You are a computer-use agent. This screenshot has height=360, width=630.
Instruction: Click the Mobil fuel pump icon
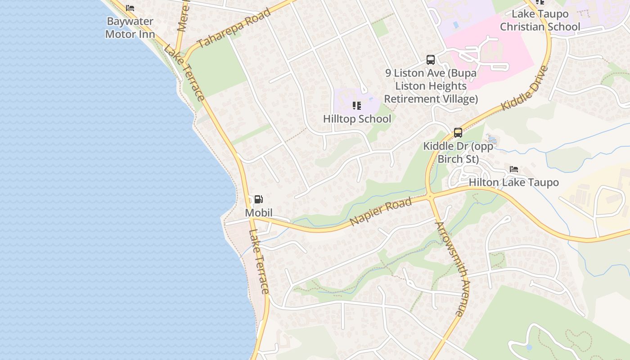pos(259,199)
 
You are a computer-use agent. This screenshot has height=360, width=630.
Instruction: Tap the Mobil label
pos(259,212)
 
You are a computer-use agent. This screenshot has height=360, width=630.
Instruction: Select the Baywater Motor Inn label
pos(130,27)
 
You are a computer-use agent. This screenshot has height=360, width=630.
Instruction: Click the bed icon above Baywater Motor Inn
pos(130,8)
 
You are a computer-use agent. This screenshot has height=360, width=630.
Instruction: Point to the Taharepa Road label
pos(234,28)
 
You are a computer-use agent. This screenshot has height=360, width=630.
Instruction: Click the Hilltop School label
pos(357,119)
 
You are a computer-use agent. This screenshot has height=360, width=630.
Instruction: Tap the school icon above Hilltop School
pos(357,106)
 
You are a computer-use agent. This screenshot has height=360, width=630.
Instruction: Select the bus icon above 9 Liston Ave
pos(431,59)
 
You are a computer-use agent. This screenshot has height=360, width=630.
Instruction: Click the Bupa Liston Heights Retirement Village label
pos(431,85)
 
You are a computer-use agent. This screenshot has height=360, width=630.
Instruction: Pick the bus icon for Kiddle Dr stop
pos(458,133)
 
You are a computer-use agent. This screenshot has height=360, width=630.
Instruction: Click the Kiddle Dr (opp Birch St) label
pos(458,153)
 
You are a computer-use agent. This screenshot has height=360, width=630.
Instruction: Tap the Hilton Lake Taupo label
pos(513,182)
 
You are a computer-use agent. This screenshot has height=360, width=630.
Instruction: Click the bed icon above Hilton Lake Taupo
pos(513,169)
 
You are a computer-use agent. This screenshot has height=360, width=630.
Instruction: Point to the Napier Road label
pos(381,211)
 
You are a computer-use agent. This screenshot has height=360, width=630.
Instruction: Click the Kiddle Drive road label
pos(525,88)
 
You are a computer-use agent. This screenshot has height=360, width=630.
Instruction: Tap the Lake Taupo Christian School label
pos(540,20)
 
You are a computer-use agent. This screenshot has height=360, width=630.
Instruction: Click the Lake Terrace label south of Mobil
pos(259,262)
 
